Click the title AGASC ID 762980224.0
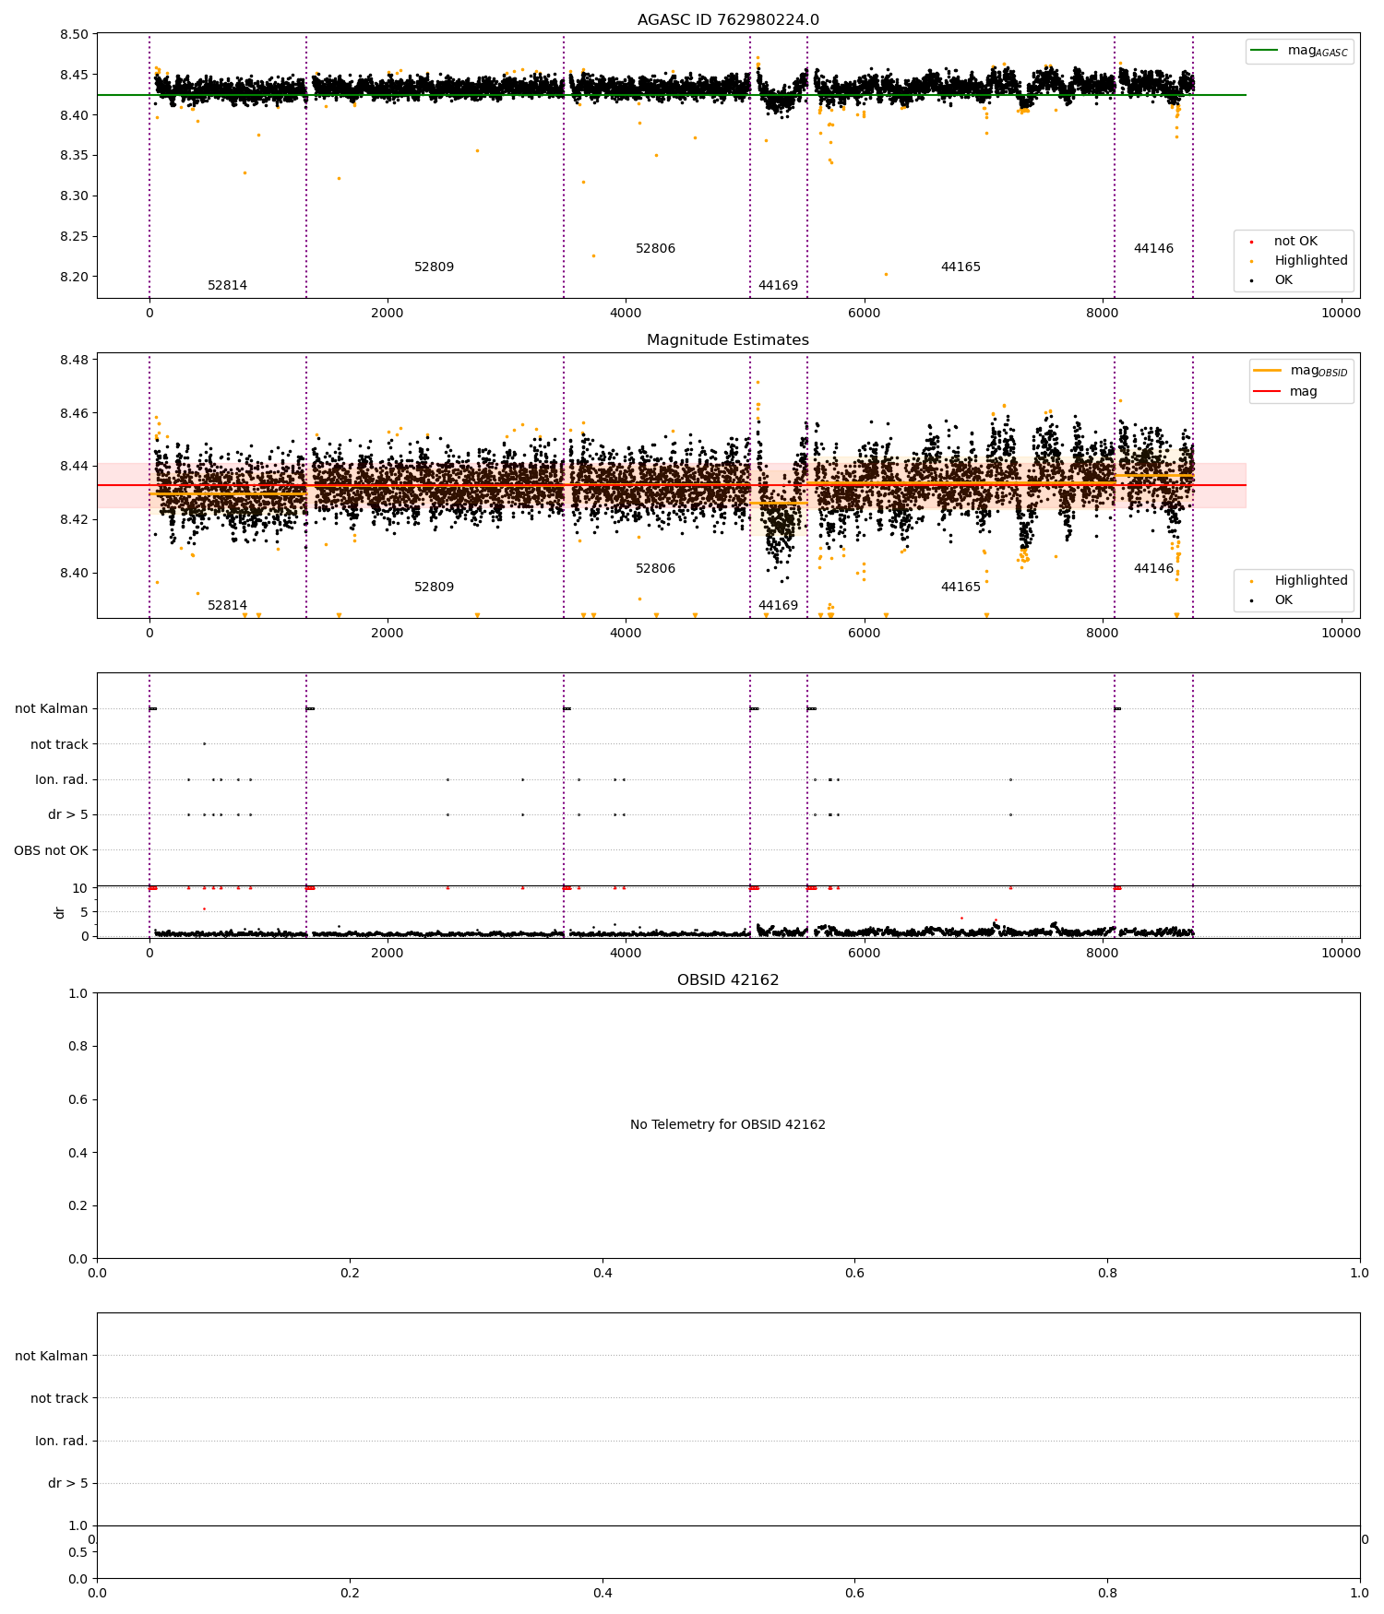point(728,20)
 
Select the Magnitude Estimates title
point(728,340)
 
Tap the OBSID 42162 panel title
point(728,980)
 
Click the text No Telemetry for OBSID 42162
point(728,1125)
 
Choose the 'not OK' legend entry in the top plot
point(1295,242)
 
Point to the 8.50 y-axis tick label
point(75,35)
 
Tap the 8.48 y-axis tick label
point(75,360)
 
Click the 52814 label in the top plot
point(227,286)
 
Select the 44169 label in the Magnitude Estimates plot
point(778,606)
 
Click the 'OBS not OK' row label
point(52,850)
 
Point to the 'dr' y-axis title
point(60,912)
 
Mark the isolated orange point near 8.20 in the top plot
point(886,274)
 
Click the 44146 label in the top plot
point(1153,249)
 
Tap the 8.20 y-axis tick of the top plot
point(75,277)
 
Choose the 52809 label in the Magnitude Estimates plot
point(434,587)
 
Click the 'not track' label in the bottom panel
point(59,1398)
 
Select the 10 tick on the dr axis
point(80,888)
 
